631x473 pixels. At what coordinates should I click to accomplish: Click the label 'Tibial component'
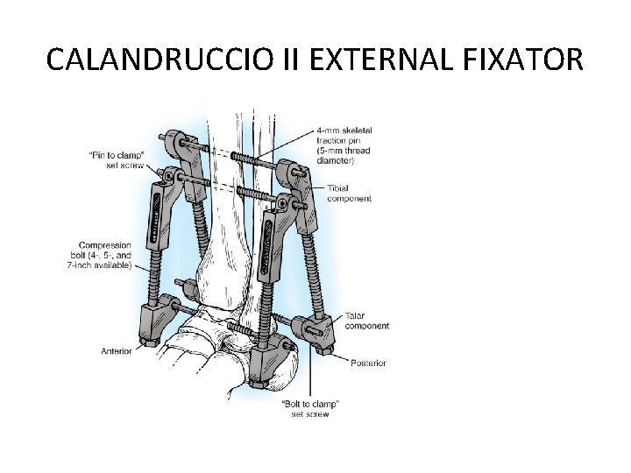349,194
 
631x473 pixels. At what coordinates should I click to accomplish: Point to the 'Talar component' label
367,321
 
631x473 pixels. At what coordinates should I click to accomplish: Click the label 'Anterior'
116,351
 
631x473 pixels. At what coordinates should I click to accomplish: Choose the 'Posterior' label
368,363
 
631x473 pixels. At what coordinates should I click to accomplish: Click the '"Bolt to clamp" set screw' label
310,408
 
